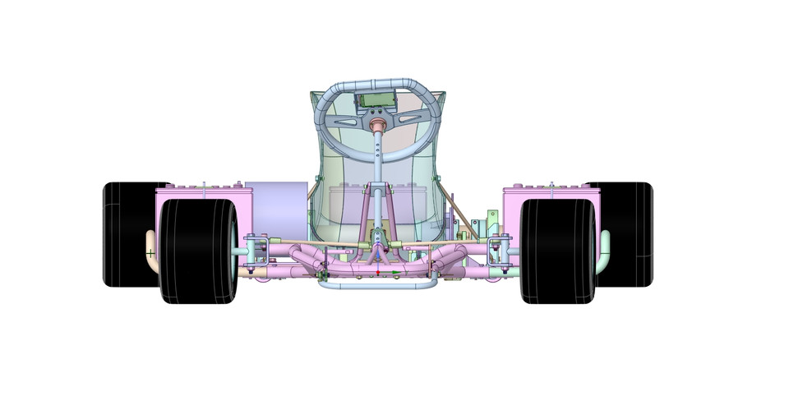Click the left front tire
197,251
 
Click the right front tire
557,251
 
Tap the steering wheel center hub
378,126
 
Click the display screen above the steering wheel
376,101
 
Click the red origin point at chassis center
377,271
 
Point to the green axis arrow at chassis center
397,273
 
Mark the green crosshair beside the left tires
150,253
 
